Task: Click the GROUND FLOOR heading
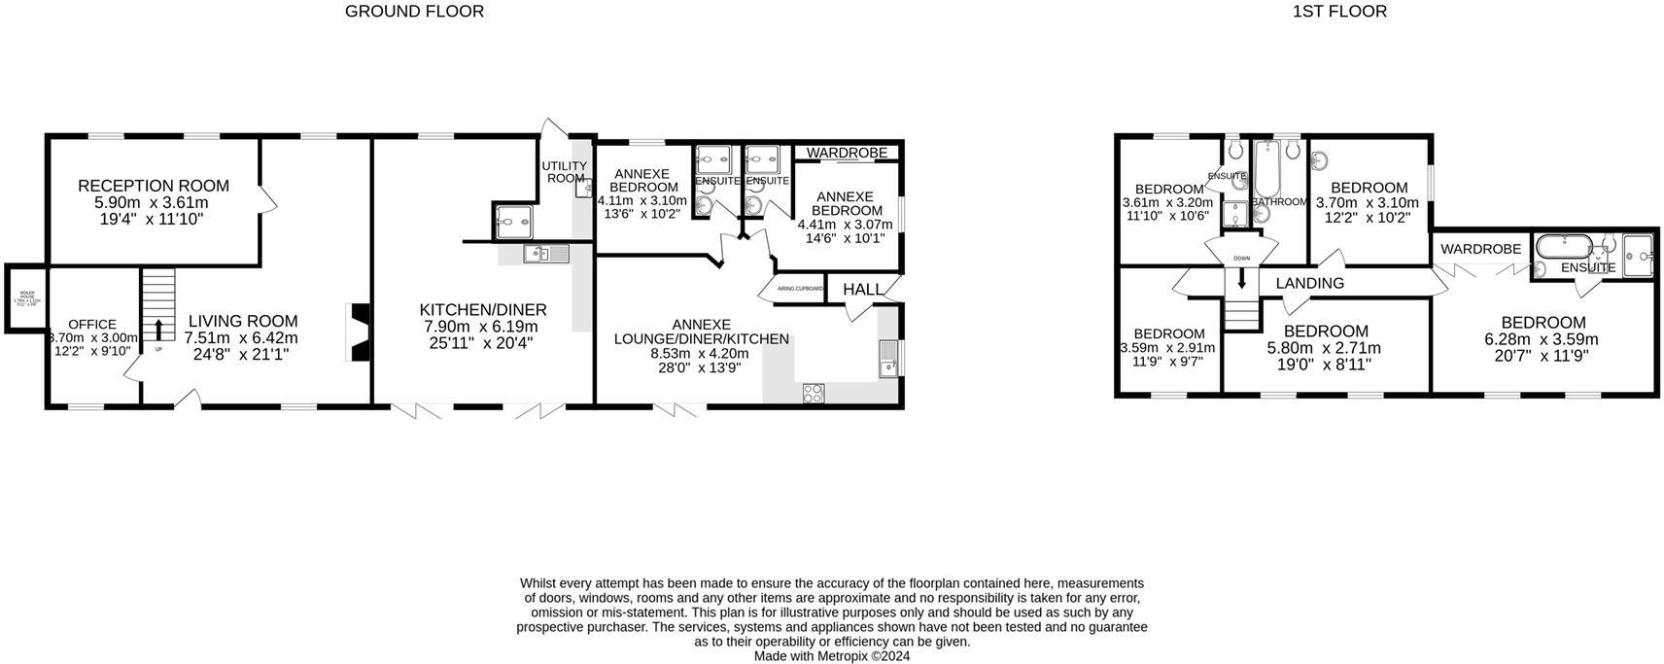414,12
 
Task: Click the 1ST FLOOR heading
1338,12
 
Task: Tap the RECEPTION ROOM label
154,186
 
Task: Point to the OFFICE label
92,325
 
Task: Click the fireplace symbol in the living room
359,333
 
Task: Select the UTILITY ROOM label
565,172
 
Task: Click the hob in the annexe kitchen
813,393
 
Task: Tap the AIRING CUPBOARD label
799,289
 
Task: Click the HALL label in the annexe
862,290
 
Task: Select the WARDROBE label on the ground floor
847,153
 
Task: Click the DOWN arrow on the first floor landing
1241,279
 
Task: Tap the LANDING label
1309,283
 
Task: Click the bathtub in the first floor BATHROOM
1265,169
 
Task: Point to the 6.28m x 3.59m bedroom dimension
1542,340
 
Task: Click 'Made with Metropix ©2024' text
832,656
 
